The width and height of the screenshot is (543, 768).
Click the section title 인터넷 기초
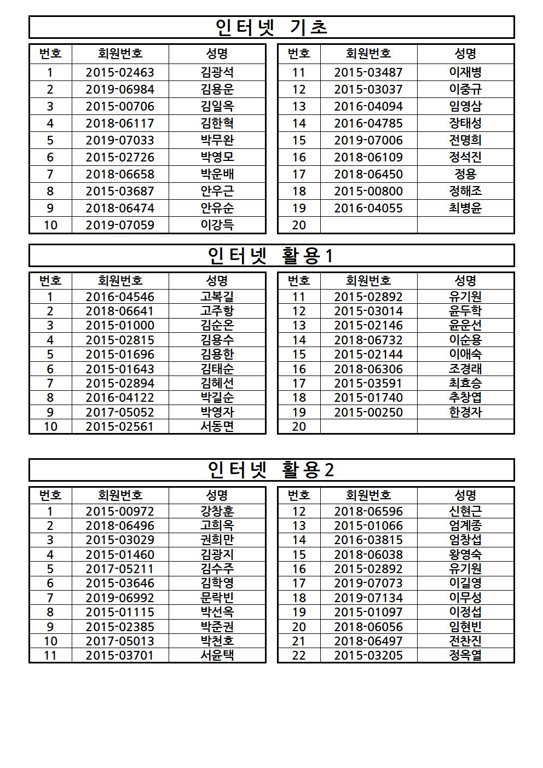coord(271,27)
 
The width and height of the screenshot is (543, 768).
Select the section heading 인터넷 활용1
coord(271,256)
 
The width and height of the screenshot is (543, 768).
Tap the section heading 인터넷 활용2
coord(271,470)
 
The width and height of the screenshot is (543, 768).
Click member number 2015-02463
coord(120,72)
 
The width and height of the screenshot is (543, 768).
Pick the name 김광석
coord(217,72)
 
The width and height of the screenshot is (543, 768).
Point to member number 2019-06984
coord(120,89)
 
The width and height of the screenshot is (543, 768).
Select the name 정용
coord(465,174)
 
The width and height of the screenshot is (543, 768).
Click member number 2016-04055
coord(368,208)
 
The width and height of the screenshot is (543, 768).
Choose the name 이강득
coord(217,225)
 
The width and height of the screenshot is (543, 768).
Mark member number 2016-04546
coord(120,297)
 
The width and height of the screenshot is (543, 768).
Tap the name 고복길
coord(217,297)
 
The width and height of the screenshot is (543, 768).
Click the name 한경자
coord(465,412)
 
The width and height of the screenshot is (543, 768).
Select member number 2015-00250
coord(368,412)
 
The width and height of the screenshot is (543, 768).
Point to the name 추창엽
coord(465,397)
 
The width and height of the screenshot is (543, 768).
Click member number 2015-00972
coord(120,511)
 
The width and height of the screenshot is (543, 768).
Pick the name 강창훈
coord(217,511)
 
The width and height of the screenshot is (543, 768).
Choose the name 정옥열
coord(465,655)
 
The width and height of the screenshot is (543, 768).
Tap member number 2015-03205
coord(368,655)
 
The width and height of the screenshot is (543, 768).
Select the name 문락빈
coord(217,598)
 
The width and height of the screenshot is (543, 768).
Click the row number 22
coord(299,655)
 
